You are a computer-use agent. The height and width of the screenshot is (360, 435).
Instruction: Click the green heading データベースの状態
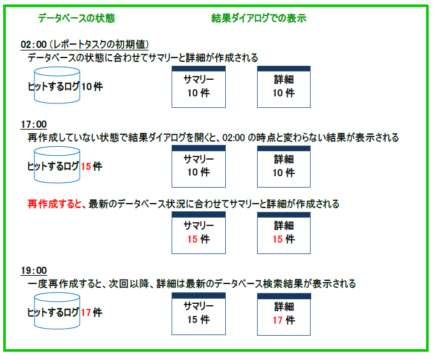point(77,19)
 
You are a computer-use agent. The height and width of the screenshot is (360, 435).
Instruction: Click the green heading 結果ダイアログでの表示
point(258,19)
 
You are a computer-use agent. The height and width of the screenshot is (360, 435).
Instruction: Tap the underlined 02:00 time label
point(34,45)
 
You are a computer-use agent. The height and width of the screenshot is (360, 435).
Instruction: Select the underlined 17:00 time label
point(34,124)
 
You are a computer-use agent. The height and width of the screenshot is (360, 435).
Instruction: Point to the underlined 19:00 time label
point(34,271)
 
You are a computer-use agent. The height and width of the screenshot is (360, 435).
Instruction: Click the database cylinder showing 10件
point(57,85)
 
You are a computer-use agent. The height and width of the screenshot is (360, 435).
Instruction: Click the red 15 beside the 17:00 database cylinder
point(86,167)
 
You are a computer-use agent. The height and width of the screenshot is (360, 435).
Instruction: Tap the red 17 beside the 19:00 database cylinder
point(86,313)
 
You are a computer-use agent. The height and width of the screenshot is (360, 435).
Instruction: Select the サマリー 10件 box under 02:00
point(198,87)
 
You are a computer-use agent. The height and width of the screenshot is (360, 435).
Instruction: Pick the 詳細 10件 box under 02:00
point(284,87)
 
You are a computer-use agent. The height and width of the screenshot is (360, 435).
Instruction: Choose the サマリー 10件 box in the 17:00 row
point(198,166)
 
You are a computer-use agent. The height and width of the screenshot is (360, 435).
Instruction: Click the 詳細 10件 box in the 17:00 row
point(284,166)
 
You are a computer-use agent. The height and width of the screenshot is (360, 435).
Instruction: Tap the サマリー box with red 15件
point(198,233)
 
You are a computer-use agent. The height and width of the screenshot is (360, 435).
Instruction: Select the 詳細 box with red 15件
point(284,233)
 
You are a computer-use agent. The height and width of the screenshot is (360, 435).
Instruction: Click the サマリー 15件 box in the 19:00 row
point(198,314)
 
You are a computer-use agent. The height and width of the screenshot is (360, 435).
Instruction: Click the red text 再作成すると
point(54,204)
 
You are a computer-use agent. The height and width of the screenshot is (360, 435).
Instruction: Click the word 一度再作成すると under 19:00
point(64,284)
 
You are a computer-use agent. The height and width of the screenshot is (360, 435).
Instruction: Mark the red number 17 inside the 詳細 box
point(277,320)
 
